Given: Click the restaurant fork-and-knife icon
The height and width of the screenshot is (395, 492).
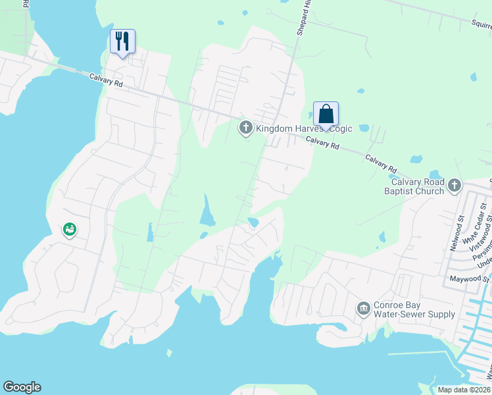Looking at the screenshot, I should coord(122,41).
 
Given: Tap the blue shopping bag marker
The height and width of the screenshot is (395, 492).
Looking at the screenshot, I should coord(326,115).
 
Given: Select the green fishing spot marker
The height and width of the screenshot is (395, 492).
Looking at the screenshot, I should coord(70,230).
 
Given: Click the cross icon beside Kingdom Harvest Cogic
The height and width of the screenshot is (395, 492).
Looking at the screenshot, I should coord(246,128).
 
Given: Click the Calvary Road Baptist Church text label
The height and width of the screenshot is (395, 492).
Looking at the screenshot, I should coord(418,187).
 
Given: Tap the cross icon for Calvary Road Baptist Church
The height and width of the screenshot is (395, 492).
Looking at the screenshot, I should coord(455,186).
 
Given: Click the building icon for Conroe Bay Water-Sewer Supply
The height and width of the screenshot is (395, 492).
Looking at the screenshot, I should coord(363,309).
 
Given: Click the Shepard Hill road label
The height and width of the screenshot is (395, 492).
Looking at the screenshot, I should coord(303,16).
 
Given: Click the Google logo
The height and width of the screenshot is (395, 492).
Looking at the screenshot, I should coord(22,387).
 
